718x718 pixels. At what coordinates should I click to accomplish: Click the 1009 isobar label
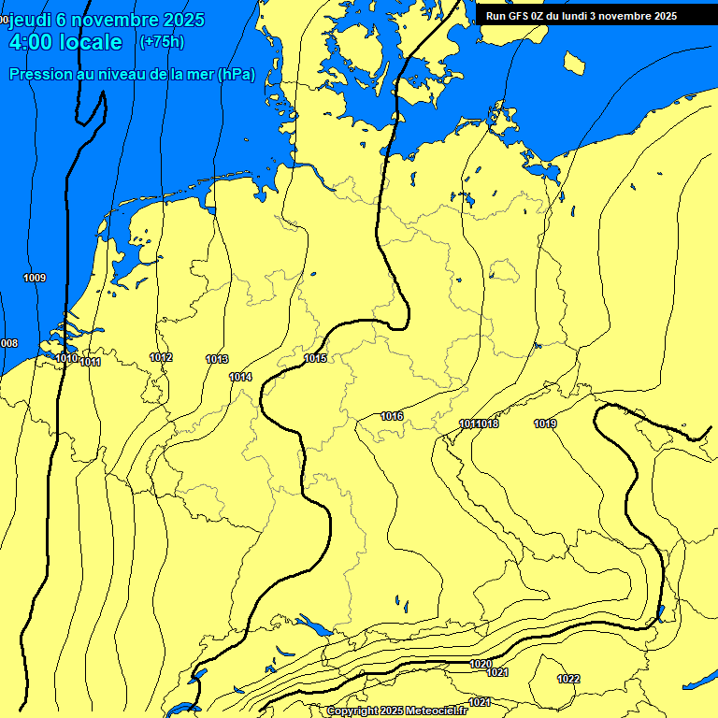point(35,278)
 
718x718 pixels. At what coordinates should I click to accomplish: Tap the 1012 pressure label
point(161,357)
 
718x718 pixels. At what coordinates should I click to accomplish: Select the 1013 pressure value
point(217,359)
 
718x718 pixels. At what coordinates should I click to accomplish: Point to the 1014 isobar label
point(240,377)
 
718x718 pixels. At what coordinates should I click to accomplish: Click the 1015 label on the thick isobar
point(315,358)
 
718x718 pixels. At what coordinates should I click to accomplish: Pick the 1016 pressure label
point(392,416)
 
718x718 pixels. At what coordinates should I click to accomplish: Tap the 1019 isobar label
point(545,424)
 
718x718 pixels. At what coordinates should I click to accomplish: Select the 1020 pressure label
point(481,664)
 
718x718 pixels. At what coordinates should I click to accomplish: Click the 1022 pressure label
point(567,679)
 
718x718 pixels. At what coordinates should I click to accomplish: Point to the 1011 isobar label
point(91,362)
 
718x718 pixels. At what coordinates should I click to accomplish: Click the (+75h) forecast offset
point(161,42)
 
